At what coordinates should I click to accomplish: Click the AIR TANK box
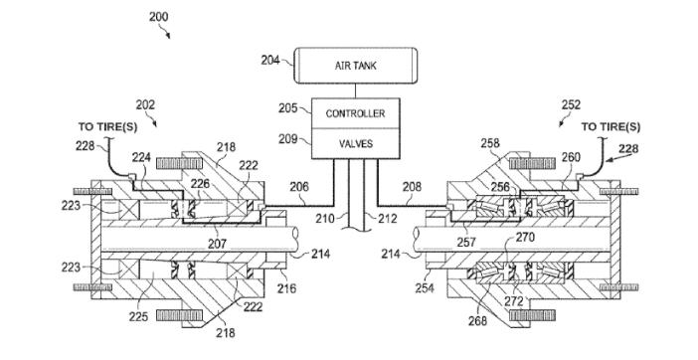coord(356,66)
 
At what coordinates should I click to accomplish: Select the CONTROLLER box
coord(355,113)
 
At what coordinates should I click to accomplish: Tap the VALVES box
coord(355,144)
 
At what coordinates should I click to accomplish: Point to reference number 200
coord(158,17)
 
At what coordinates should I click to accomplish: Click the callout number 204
coord(270,60)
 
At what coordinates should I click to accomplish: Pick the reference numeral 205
coord(288,108)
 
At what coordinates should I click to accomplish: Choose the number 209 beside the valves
coord(288,139)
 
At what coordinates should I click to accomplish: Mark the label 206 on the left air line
coord(299,186)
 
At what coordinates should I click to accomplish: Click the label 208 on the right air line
coord(412,186)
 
